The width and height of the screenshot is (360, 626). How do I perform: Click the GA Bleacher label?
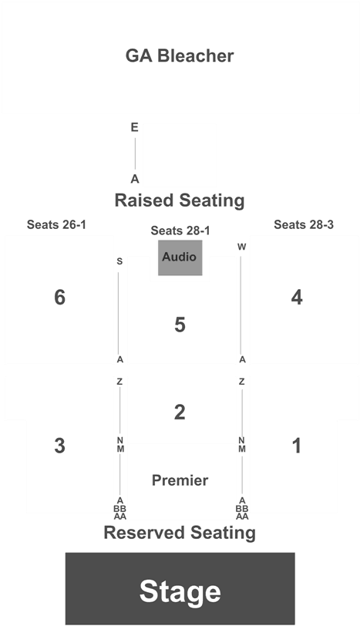180,56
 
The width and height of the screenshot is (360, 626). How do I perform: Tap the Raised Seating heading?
180,200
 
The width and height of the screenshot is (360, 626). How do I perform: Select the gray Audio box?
180,257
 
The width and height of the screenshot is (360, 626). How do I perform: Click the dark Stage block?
180,589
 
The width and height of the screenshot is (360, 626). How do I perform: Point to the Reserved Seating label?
180,533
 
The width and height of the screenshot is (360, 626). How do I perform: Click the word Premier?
180,480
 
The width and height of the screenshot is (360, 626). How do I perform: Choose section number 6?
59,298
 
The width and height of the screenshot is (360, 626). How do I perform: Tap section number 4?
297,298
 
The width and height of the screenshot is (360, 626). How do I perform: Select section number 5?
180,325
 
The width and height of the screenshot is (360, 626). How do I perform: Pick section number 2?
180,412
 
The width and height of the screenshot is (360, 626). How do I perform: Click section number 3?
59,446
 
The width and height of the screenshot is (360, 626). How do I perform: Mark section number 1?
297,446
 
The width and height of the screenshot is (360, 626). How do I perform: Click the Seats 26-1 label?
56,225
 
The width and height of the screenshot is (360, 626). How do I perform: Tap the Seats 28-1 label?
180,231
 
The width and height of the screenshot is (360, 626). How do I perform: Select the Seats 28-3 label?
304,225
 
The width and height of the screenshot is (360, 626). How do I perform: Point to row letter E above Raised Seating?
134,127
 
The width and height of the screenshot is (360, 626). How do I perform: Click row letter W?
241,247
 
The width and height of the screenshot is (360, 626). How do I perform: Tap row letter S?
119,261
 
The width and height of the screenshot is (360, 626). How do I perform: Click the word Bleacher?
196,56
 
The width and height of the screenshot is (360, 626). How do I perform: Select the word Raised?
144,200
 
